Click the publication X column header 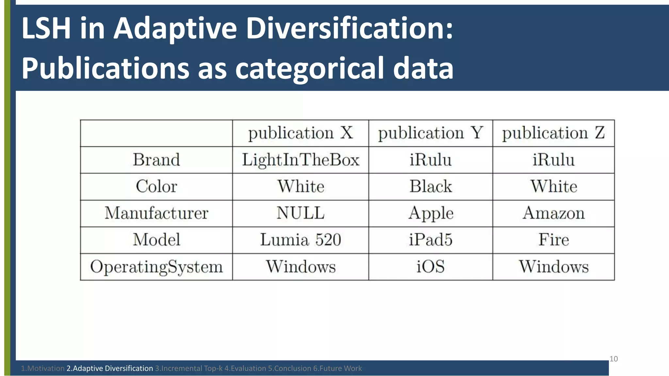click(x=301, y=133)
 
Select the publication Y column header click(x=431, y=133)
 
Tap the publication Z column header click(x=553, y=133)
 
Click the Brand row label click(x=156, y=160)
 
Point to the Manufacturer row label click(x=156, y=213)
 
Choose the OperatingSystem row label click(x=156, y=267)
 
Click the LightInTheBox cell click(x=301, y=160)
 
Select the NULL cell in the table click(x=301, y=213)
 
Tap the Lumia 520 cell click(x=301, y=240)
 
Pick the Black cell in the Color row click(x=431, y=186)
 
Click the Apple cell click(x=431, y=213)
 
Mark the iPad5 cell click(x=431, y=240)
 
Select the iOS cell click(x=431, y=267)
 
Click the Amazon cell click(x=553, y=213)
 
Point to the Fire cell click(x=553, y=240)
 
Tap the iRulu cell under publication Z click(x=553, y=160)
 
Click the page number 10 click(x=613, y=359)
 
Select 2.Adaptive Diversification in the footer click(x=110, y=368)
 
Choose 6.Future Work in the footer click(x=337, y=368)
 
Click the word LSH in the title click(x=46, y=28)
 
